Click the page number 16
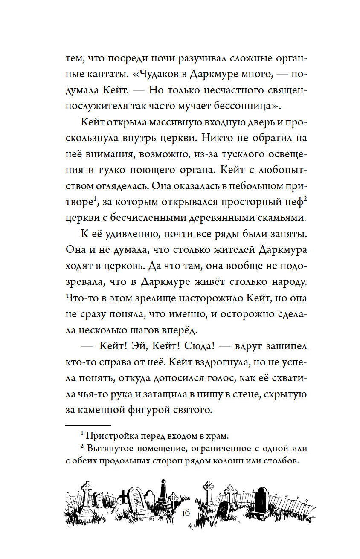185,513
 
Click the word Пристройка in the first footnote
111,436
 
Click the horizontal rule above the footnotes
88,425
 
